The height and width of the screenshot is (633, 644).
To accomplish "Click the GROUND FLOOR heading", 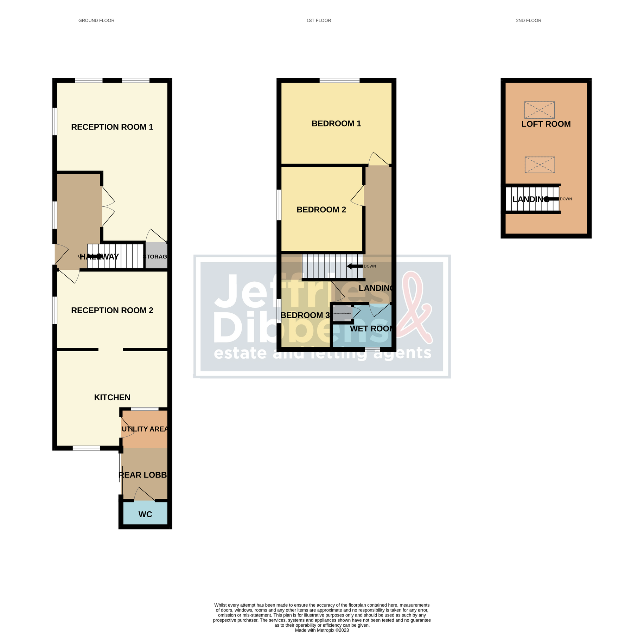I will click(x=96, y=20).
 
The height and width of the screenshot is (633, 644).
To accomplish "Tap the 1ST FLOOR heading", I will click(x=318, y=20).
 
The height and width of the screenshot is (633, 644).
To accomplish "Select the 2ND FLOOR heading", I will click(x=528, y=20).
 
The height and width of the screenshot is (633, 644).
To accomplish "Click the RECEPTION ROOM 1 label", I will click(x=112, y=127).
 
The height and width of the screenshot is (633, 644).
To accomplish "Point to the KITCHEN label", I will click(x=112, y=397).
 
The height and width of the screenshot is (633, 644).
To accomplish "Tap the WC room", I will click(x=145, y=514).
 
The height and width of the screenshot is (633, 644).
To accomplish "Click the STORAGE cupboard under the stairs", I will click(x=156, y=256).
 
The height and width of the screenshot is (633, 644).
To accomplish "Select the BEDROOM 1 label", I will click(x=336, y=123).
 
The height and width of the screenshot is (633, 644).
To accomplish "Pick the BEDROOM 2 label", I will click(x=321, y=210).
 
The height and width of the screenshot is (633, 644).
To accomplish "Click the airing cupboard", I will click(x=342, y=313).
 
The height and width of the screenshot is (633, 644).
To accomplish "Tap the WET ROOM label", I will click(x=371, y=328).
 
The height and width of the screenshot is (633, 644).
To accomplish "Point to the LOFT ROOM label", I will click(x=546, y=124).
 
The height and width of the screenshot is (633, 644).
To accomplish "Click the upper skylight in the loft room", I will click(x=539, y=110).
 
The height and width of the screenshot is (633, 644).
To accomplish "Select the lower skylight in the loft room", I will click(x=540, y=165).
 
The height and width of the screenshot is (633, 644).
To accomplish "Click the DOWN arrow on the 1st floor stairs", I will click(x=355, y=266).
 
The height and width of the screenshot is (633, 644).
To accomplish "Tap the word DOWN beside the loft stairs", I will click(x=566, y=199).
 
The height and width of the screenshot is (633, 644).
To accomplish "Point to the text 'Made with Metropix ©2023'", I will click(x=321, y=630).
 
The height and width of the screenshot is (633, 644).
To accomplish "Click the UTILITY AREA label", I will click(x=145, y=429).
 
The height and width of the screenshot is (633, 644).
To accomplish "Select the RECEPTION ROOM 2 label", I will click(x=112, y=310).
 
